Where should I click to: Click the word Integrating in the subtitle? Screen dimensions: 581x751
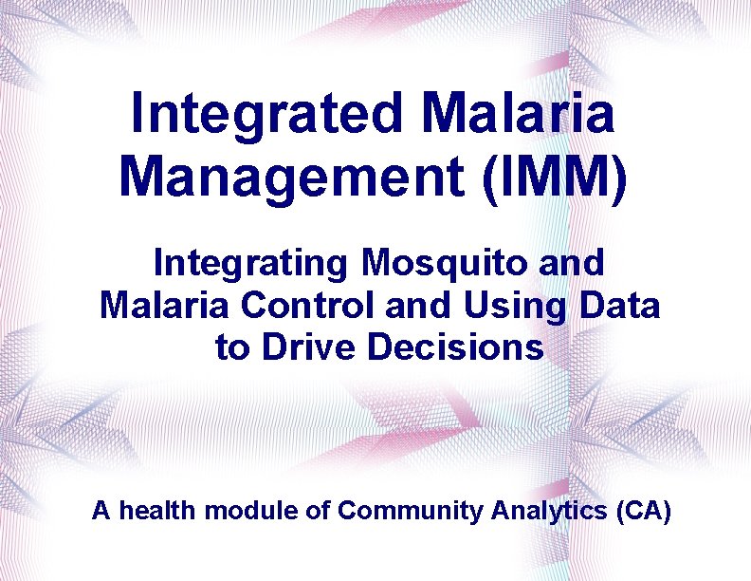pyautogui.click(x=247, y=263)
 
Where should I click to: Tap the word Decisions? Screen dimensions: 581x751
pyautogui.click(x=456, y=347)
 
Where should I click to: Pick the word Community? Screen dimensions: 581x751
pyautogui.click(x=411, y=512)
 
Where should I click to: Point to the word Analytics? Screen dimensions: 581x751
pyautogui.click(x=550, y=512)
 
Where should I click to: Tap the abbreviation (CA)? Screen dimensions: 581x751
pyautogui.click(x=644, y=512)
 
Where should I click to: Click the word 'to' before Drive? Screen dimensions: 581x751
pyautogui.click(x=230, y=348)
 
